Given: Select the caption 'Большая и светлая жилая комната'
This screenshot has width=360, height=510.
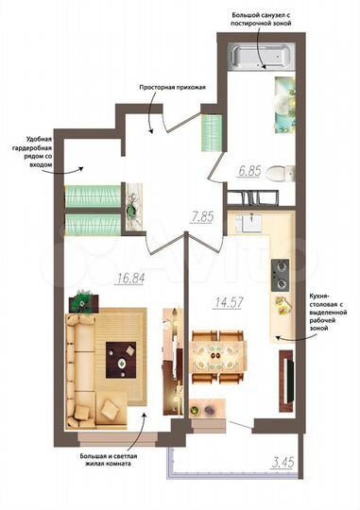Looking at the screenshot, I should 106,463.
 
